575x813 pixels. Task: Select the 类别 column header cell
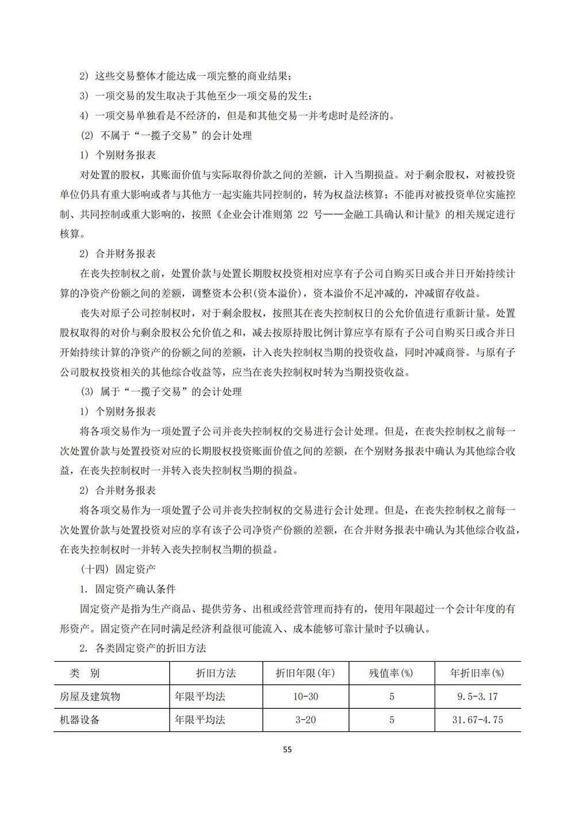coord(85,673)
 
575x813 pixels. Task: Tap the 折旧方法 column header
coord(216,673)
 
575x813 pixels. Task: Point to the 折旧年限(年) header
coord(305,673)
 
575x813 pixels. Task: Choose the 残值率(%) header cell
coord(391,673)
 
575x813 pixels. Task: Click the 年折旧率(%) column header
coord(477,673)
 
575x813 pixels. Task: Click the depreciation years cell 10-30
coord(305,696)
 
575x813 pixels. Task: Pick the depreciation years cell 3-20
coord(305,719)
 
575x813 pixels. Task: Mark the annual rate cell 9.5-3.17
coord(477,696)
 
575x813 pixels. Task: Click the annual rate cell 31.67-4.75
coord(477,719)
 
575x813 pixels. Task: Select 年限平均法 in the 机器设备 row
coord(200,719)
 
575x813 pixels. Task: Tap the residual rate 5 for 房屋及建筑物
coord(392,696)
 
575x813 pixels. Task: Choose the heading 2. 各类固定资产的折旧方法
coord(143,648)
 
